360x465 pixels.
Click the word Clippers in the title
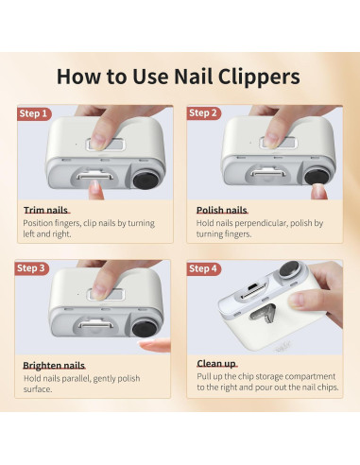click(x=259, y=77)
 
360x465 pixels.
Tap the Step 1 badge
click(x=34, y=113)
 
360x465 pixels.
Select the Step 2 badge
click(x=204, y=113)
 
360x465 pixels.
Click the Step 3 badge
click(x=32, y=268)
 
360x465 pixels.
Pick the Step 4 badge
click(x=204, y=268)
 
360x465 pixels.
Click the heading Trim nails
click(x=46, y=210)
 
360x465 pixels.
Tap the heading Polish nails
click(x=222, y=210)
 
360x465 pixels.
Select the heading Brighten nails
click(x=54, y=366)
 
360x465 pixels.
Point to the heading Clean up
click(x=216, y=364)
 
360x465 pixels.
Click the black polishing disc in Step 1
click(x=146, y=180)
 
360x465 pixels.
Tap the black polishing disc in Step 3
click(x=145, y=328)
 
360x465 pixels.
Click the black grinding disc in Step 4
click(x=289, y=268)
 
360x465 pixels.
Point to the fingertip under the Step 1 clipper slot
click(x=95, y=190)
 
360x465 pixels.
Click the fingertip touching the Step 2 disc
click(x=318, y=192)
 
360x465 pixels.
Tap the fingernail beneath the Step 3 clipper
click(x=154, y=345)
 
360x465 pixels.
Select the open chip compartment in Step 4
click(x=263, y=313)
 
